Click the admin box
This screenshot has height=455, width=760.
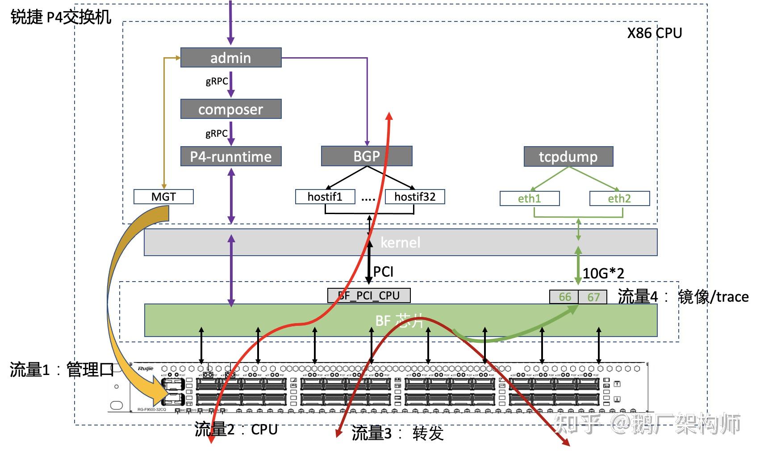coord(230,58)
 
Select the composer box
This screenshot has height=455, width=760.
coord(230,109)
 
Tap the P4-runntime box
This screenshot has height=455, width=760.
coord(230,156)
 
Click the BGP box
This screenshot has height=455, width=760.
coord(366,156)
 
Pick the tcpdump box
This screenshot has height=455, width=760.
coord(568,156)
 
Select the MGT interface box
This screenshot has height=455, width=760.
coord(163,197)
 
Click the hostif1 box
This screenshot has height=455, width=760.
coord(325,197)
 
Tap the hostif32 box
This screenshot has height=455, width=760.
coord(414,197)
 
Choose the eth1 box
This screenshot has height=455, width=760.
coord(529,198)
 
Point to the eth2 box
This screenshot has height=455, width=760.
coord(619,198)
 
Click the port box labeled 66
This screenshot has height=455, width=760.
coord(564,297)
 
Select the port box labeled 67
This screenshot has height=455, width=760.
coord(593,297)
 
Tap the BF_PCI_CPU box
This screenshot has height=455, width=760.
coord(369,295)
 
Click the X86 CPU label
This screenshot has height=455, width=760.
coord(654,33)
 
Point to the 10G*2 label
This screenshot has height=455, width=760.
coord(603,273)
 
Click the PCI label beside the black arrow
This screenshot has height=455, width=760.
coord(383,271)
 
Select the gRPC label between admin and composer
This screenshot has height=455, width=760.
coord(217,81)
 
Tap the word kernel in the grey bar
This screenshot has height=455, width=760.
coord(400,242)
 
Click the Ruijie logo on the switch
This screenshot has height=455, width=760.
coord(146,369)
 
